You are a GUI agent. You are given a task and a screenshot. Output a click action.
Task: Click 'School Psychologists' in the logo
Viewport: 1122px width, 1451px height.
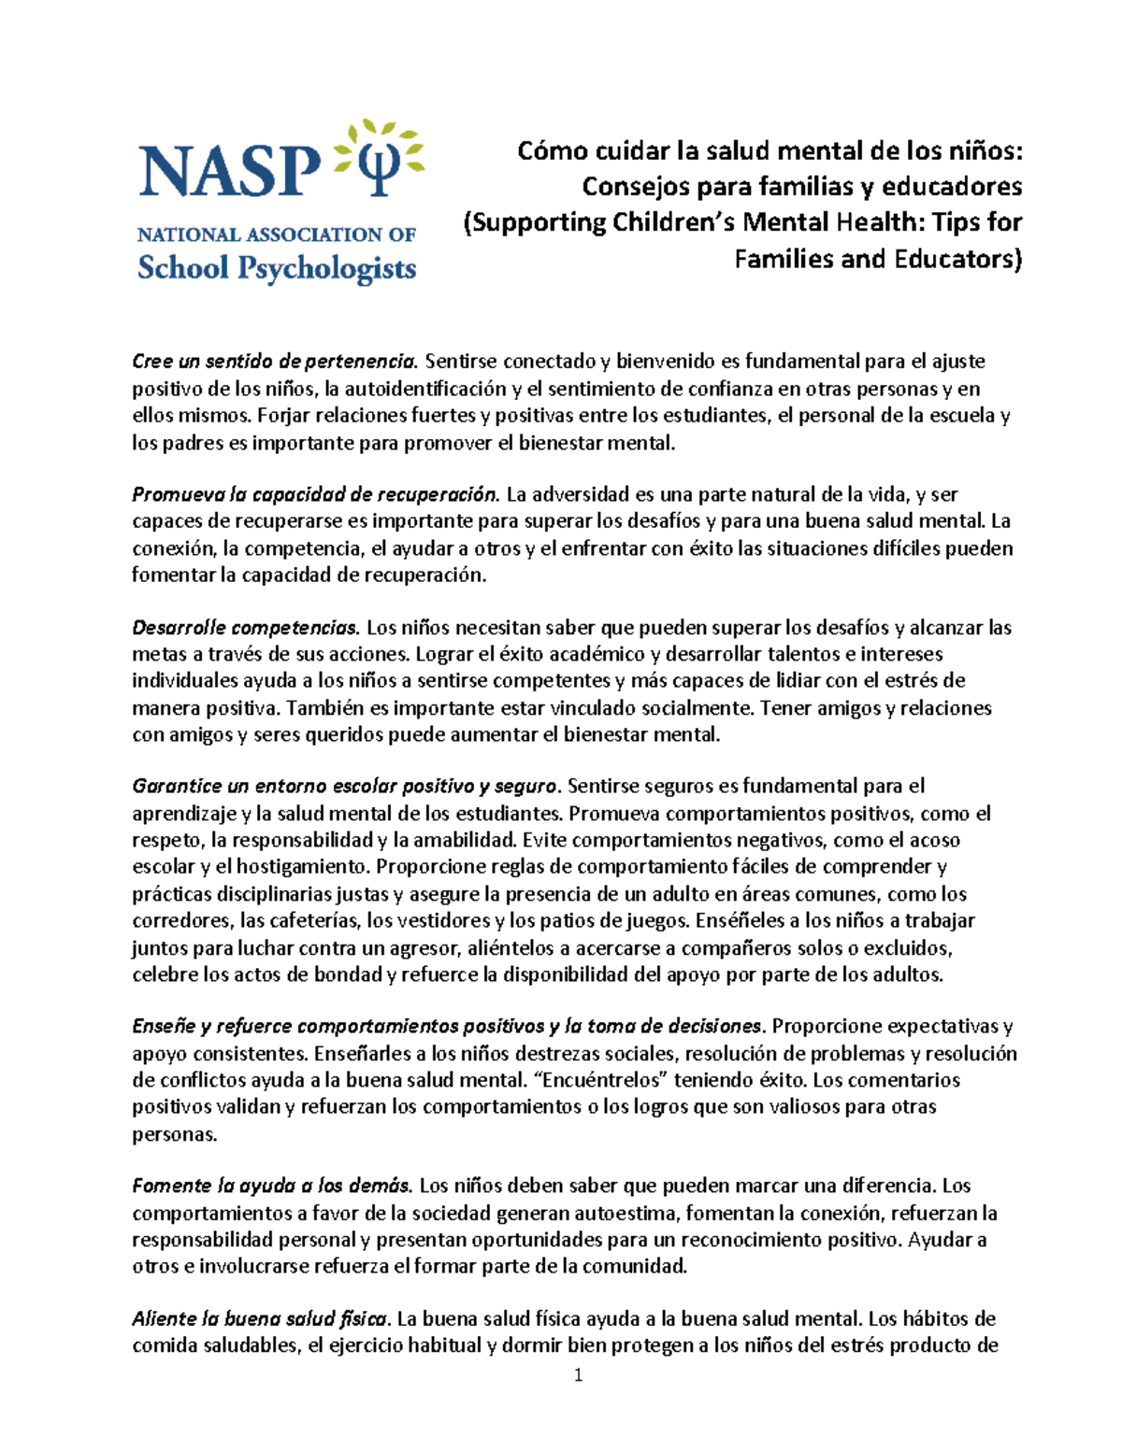(x=277, y=268)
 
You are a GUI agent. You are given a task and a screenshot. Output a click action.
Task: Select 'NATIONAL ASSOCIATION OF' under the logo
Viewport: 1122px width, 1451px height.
(x=277, y=235)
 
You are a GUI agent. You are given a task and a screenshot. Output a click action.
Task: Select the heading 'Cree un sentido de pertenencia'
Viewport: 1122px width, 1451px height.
(x=273, y=362)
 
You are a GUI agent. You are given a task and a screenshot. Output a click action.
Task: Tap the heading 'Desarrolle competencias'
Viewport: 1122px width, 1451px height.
(x=245, y=627)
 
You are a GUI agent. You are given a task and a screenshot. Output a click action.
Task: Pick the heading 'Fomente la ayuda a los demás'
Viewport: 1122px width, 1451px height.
(x=271, y=1187)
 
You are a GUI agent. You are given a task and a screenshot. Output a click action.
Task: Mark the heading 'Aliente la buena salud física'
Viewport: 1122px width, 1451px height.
(x=259, y=1319)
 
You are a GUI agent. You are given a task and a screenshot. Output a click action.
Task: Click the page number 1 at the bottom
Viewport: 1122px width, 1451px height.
(x=579, y=1374)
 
